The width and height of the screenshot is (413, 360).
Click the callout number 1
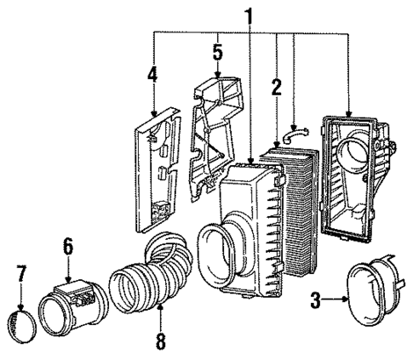click(249, 16)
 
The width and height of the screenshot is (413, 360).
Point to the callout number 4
click(152, 74)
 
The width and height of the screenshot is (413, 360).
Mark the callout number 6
click(67, 246)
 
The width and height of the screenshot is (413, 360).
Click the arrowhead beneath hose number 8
click(160, 314)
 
